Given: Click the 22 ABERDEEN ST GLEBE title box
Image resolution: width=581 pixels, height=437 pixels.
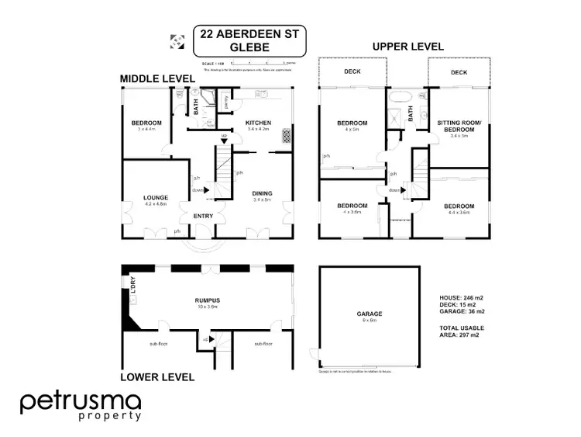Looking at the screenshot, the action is coord(251,40).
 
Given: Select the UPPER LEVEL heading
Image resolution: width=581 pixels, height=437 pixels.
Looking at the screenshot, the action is coord(407,47).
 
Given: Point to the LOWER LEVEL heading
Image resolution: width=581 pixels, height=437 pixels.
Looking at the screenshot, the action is coord(157,377).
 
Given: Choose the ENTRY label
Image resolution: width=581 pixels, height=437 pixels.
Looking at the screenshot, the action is coord(204,216).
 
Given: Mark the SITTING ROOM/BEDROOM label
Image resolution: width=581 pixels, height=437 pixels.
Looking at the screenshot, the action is coord(459,127).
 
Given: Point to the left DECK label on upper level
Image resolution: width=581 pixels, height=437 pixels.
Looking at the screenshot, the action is coord(351,73).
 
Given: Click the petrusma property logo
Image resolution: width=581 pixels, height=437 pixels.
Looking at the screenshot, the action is coord(81,406).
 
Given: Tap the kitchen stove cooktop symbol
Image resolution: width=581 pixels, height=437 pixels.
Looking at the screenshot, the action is coord(286,137).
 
